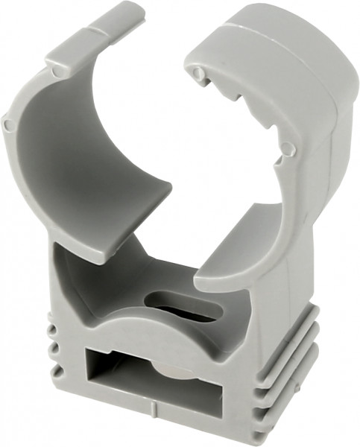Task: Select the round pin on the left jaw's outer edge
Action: click(7, 124)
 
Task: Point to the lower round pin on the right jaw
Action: click(288, 150)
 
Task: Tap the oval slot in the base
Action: click(186, 307)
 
